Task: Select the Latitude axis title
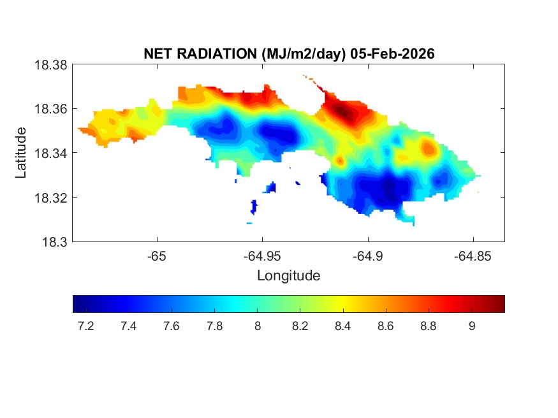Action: pyautogui.click(x=22, y=153)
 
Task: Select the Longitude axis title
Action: pyautogui.click(x=288, y=276)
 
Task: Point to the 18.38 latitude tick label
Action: pyautogui.click(x=50, y=64)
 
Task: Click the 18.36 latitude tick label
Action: pyautogui.click(x=50, y=109)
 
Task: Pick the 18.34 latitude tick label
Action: pyautogui.click(x=50, y=153)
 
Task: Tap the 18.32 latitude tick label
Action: pyautogui.click(x=50, y=198)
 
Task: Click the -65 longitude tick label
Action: pyautogui.click(x=156, y=256)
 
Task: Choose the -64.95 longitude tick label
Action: pyautogui.click(x=261, y=256)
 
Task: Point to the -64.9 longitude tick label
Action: pyautogui.click(x=367, y=256)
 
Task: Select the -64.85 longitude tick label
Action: pyautogui.click(x=473, y=256)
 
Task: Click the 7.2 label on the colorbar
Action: pyautogui.click(x=85, y=326)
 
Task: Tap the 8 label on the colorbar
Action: pyautogui.click(x=257, y=326)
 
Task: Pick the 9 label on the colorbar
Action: pyautogui.click(x=471, y=326)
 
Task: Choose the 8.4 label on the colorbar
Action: pyautogui.click(x=342, y=326)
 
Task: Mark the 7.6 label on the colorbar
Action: pyautogui.click(x=171, y=326)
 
